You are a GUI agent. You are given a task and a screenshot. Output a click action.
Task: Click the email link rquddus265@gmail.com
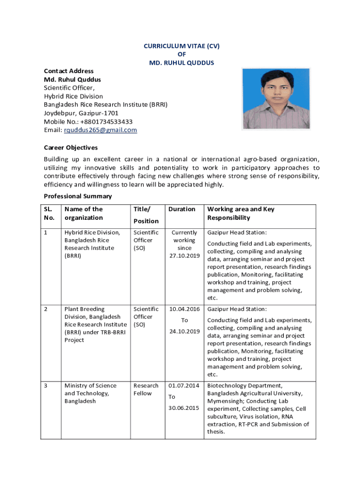coord(100,130)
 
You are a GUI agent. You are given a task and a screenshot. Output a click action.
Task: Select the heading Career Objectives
coord(71,148)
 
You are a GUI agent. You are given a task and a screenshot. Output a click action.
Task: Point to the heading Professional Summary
coord(78,196)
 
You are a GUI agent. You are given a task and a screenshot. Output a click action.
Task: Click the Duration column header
coord(181,209)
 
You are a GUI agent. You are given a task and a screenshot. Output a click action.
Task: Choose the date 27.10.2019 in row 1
coord(184,256)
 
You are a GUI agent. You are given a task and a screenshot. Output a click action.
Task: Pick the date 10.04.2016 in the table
coord(184,309)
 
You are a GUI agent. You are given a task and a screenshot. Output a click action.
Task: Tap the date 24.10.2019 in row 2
coord(184,332)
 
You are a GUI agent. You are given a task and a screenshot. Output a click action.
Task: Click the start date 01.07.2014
coord(184,386)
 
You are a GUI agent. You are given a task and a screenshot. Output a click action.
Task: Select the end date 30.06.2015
coord(184,408)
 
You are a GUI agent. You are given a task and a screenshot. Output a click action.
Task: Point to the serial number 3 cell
coord(46,386)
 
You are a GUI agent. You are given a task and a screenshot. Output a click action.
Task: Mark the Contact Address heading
coord(69,71)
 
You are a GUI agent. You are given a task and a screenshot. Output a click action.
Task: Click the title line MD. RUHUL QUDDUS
coord(181,63)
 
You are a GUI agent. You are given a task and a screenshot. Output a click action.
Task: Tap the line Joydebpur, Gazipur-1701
coord(81,113)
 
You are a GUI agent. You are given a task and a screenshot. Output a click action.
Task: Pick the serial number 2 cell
coord(46,309)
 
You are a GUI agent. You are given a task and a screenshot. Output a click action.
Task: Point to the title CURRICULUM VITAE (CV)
coord(181,46)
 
